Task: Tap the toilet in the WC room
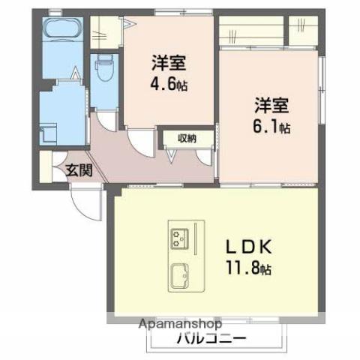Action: (103, 69)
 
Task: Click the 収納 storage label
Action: (187, 138)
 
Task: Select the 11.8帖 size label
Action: (244, 268)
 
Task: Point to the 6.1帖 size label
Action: (271, 127)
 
